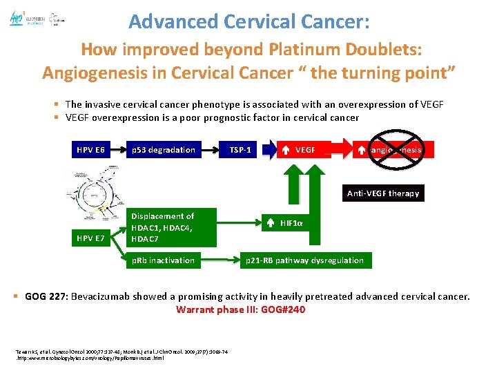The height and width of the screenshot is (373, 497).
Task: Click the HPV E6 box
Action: point(91,150)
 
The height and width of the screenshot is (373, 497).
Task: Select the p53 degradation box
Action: point(164,150)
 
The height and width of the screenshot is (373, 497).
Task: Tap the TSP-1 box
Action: point(240,150)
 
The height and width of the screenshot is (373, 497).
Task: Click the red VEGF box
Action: point(304,150)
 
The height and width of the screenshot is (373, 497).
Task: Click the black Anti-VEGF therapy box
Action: point(382,193)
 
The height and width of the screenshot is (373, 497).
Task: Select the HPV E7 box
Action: point(91,238)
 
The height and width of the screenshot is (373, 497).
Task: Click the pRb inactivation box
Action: point(164,260)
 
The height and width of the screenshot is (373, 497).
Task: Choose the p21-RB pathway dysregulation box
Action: point(305,260)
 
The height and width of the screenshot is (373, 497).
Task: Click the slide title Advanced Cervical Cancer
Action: point(249,21)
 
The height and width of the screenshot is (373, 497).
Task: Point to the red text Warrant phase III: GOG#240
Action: point(240,309)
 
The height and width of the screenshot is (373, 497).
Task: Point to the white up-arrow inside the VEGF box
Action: point(286,150)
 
